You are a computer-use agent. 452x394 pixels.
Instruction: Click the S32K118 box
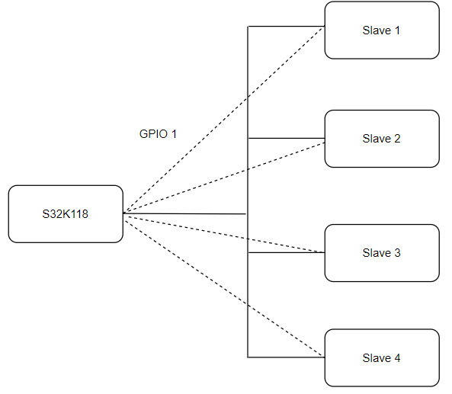pyautogui.click(x=66, y=214)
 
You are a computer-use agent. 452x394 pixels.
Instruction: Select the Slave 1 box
pyautogui.click(x=381, y=30)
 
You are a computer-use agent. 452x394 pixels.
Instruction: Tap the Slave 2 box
pyautogui.click(x=381, y=139)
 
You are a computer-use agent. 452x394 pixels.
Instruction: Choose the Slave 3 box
pyautogui.click(x=381, y=253)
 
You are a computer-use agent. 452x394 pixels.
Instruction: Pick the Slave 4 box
pyautogui.click(x=381, y=358)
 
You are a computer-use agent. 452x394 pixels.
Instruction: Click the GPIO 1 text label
pyautogui.click(x=158, y=134)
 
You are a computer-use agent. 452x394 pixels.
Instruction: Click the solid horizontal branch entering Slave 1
pyautogui.click(x=286, y=27)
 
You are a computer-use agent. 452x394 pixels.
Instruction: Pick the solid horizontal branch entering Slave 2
pyautogui.click(x=286, y=139)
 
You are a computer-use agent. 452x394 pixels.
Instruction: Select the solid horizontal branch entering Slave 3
pyautogui.click(x=286, y=253)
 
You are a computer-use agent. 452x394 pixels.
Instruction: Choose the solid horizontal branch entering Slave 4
pyautogui.click(x=286, y=357)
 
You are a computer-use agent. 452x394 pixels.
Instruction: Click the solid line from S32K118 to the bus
pyautogui.click(x=183, y=214)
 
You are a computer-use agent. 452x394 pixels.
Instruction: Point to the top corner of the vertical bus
pyautogui.click(x=248, y=27)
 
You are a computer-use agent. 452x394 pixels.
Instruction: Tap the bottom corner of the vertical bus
pyautogui.click(x=248, y=357)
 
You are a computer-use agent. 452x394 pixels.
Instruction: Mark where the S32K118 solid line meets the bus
pyautogui.click(x=247, y=214)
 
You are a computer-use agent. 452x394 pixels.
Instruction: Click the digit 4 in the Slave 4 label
pyautogui.click(x=396, y=358)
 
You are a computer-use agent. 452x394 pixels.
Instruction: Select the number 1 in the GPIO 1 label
pyautogui.click(x=174, y=134)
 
